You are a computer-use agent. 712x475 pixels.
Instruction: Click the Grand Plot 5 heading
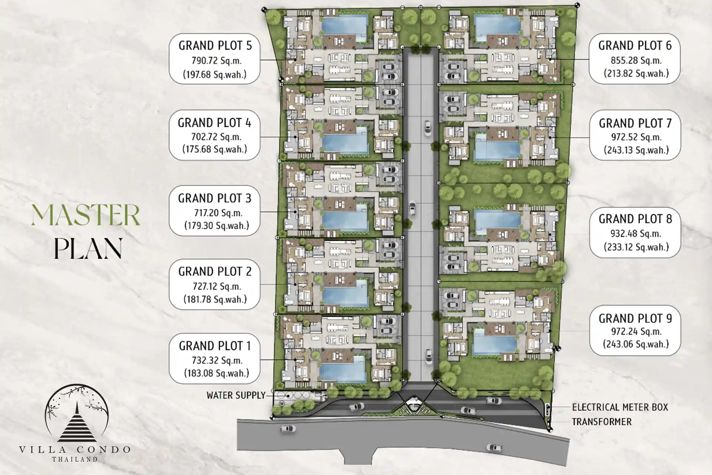click(215, 45)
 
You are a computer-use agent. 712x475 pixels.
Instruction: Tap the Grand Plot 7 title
click(635, 123)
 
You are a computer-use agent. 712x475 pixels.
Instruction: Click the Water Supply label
click(236, 395)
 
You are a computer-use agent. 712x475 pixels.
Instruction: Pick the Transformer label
click(601, 422)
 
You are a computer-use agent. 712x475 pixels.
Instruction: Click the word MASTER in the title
click(86, 215)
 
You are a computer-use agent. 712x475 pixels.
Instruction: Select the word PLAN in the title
click(88, 248)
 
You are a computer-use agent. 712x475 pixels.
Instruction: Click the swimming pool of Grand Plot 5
click(344, 25)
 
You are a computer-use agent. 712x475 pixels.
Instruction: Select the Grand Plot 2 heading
click(215, 271)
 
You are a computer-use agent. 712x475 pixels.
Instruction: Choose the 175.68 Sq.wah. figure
click(215, 149)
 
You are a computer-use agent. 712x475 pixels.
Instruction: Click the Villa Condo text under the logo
click(76, 449)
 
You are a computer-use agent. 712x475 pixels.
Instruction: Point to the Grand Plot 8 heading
click(635, 219)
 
